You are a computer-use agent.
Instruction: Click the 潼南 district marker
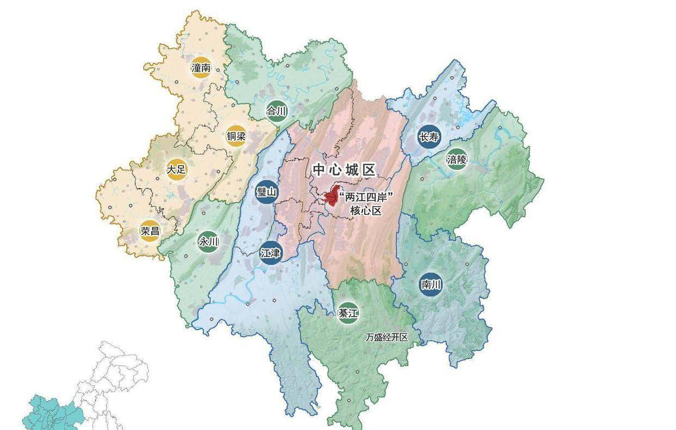(201, 68)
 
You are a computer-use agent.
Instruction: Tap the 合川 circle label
(276, 111)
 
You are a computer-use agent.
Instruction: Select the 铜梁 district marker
(236, 136)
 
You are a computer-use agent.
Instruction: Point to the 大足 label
(176, 169)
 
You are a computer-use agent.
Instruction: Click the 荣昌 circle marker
(150, 231)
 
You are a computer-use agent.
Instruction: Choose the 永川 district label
(208, 241)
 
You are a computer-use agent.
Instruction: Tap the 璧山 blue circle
(267, 192)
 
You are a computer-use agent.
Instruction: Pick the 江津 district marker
(271, 253)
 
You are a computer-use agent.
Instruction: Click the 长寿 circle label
(428, 137)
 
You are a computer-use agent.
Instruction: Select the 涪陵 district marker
(457, 159)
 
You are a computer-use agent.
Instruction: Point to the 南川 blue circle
(431, 284)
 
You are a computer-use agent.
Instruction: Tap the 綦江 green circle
(348, 313)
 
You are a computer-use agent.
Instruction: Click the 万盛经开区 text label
(386, 337)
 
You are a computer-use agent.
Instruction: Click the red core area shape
(330, 197)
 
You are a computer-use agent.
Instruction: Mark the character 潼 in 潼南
(196, 68)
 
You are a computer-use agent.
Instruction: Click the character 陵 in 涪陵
(462, 159)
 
